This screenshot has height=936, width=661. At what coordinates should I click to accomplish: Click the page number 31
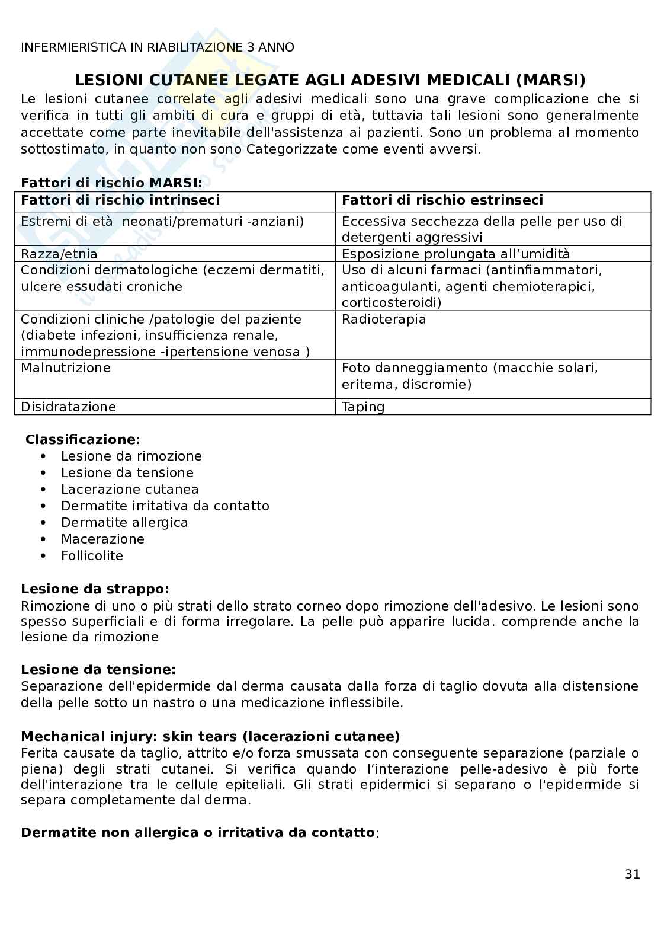(632, 874)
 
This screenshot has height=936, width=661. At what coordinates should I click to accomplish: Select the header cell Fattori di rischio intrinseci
(120, 200)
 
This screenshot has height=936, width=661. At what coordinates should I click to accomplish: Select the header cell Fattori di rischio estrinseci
(442, 200)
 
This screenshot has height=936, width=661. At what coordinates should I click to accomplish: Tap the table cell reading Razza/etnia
(59, 254)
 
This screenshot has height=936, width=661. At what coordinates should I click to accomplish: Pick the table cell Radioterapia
(384, 319)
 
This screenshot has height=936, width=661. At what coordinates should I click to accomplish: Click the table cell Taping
(363, 407)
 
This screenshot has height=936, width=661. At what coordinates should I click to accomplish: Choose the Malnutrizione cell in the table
(66, 368)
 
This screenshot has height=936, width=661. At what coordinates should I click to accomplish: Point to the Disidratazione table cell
(68, 407)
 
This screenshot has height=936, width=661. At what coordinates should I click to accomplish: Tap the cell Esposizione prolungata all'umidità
(455, 254)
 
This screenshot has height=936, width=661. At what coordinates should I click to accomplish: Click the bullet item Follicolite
(92, 555)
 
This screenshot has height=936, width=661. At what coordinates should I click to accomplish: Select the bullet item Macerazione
(102, 539)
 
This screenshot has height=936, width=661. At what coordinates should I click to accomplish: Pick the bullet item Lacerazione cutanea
(130, 489)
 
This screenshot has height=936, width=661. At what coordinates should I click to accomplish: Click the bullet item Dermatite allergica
(124, 522)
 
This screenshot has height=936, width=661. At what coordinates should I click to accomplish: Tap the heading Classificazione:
(83, 439)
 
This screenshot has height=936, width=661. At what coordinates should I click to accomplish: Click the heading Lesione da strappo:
(95, 589)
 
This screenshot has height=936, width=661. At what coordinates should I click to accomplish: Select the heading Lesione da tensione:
(98, 669)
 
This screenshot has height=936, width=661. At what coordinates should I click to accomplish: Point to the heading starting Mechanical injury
(210, 736)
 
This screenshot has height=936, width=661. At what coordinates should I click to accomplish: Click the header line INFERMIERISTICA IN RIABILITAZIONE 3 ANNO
(157, 47)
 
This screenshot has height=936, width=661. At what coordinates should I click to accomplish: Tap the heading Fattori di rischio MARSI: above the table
(111, 183)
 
